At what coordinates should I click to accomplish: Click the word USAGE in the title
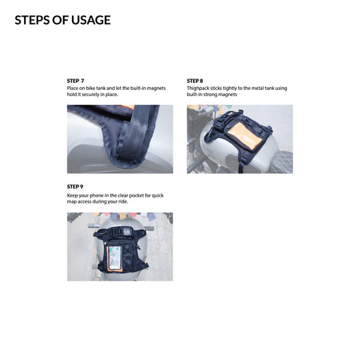(91, 20)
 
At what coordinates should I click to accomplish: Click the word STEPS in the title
(33, 20)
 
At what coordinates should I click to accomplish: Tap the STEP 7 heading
(75, 81)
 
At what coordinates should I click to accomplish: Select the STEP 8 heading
(195, 81)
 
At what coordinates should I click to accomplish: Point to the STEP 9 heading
(75, 187)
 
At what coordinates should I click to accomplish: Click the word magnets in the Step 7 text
(156, 89)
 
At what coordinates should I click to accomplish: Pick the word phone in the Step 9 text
(97, 195)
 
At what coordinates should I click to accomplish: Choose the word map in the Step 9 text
(71, 202)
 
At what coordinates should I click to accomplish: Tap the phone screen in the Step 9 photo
(115, 257)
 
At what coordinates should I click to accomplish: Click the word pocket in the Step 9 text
(136, 195)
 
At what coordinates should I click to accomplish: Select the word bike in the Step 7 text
(91, 89)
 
